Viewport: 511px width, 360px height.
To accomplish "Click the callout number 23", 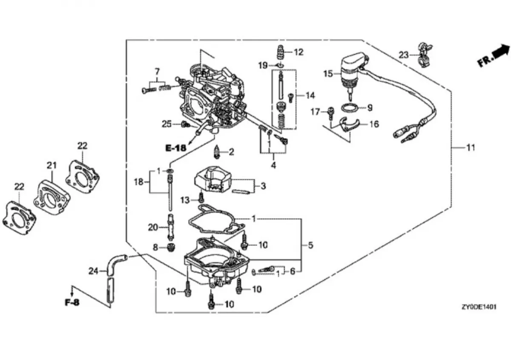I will point(403,55).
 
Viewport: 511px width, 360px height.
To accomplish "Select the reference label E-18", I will point(176,148).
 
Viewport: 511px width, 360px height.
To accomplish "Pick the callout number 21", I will point(52,165).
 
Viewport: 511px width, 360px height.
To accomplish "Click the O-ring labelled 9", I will point(350,108).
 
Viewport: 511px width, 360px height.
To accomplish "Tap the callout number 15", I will point(328,73).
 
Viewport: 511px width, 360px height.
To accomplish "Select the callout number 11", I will point(470,148).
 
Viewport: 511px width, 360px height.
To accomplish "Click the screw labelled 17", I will point(330,112).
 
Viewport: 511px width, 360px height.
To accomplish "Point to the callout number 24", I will point(94,270).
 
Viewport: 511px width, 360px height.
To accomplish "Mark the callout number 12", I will point(299,52).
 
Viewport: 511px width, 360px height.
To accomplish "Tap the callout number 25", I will point(167,124).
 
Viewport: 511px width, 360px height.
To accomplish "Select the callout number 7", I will point(157,71).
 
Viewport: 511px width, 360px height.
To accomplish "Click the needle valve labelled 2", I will point(217,152).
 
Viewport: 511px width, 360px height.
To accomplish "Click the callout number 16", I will point(373,124).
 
